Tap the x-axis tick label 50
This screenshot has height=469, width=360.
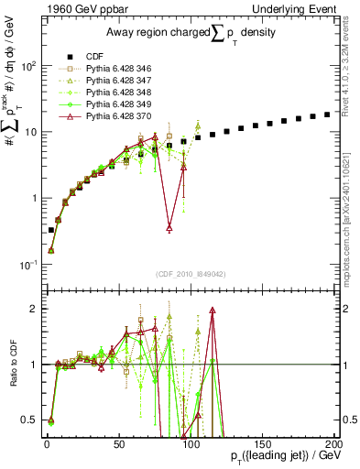[x=118, y=443]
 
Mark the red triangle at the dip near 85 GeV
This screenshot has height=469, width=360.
[x=169, y=228]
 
